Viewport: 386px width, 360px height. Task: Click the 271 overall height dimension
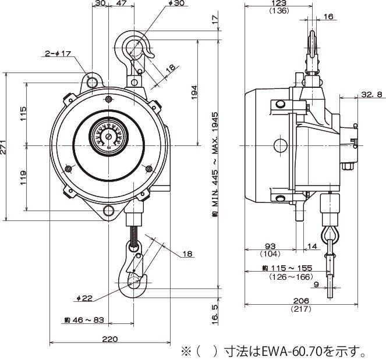5,147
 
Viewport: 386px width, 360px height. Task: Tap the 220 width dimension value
111,339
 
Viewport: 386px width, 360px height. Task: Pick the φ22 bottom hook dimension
85,298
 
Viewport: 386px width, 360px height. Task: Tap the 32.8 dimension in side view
372,94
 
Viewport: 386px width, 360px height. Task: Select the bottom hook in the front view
136,273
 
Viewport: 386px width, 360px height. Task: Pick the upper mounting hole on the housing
92,83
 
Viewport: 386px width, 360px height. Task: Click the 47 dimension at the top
121,4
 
